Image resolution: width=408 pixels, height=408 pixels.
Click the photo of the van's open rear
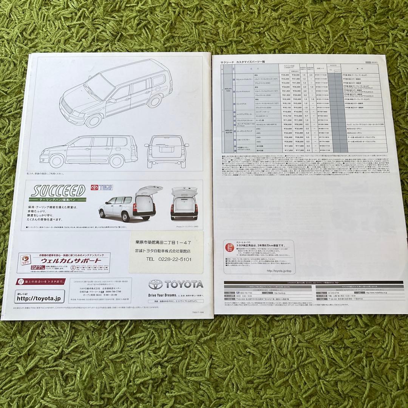(185, 203)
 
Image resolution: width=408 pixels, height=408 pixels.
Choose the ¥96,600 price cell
(287, 124)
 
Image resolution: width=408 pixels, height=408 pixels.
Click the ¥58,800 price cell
(287, 87)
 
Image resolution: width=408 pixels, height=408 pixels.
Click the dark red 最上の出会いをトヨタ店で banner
(41, 281)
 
